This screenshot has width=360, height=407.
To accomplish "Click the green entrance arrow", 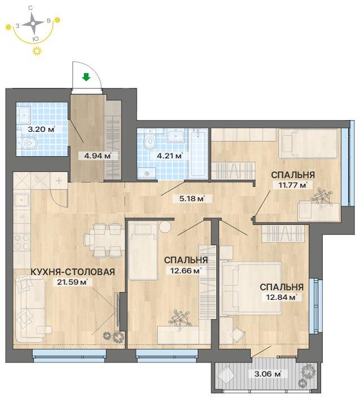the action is click(x=86, y=77).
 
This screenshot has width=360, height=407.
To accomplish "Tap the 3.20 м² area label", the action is click(x=41, y=129).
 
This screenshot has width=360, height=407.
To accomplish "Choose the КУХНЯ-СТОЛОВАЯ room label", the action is click(x=73, y=272).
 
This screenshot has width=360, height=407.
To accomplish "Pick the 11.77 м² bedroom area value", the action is click(x=291, y=185).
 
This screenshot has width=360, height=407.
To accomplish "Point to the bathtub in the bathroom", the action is click(x=198, y=153).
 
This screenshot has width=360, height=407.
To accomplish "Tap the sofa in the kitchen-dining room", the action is click(x=29, y=309).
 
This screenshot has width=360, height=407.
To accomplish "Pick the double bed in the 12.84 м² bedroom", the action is click(x=250, y=289).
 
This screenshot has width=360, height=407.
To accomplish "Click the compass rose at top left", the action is click(x=33, y=24).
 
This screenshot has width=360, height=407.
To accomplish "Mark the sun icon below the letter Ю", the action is click(x=37, y=51).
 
